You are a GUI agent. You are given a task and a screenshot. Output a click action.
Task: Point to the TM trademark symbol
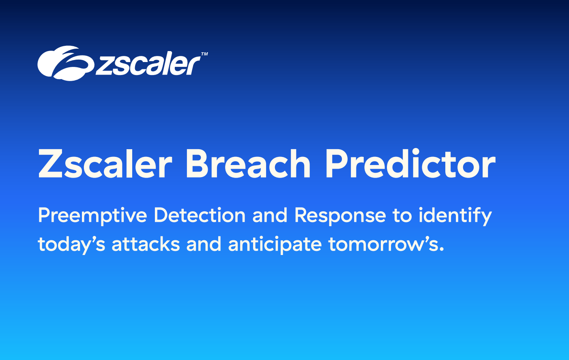point(204,54)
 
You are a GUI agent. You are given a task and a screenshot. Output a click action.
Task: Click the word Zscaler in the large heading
point(105,164)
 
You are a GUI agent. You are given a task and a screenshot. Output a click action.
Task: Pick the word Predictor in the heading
point(411,163)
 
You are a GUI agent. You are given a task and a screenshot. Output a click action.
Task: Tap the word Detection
point(200,215)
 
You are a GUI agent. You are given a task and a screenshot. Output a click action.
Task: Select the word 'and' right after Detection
point(270,215)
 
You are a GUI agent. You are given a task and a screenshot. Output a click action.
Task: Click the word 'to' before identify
point(402,216)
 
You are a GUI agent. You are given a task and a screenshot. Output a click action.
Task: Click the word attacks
point(146,244)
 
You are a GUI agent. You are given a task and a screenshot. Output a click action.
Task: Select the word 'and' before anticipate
point(204,244)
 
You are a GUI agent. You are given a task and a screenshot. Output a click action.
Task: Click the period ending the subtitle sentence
point(442,249)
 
